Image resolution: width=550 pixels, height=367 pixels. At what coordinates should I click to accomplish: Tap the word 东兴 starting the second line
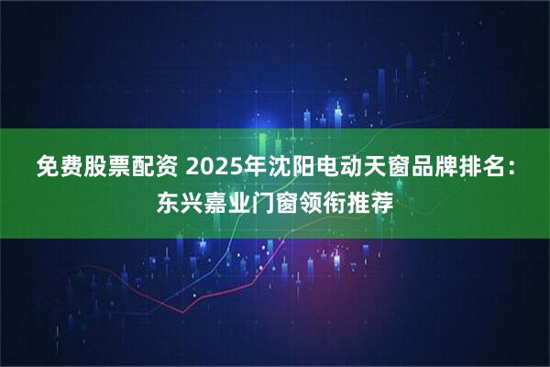pyautogui.click(x=180, y=200)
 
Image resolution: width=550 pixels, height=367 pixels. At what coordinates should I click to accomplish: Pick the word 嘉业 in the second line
pyautogui.click(x=227, y=200)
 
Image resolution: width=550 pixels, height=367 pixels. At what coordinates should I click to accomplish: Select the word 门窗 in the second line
pyautogui.click(x=275, y=200)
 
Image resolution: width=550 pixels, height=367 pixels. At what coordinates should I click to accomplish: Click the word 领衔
pyautogui.click(x=323, y=200)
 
